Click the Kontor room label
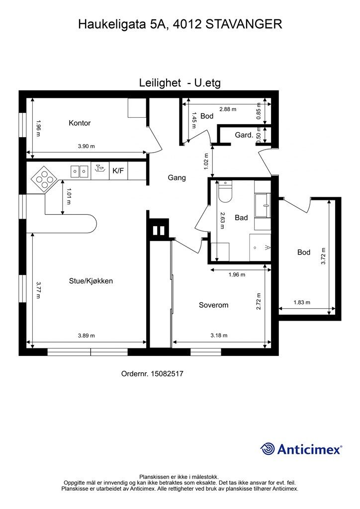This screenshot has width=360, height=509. pyautogui.click(x=80, y=123)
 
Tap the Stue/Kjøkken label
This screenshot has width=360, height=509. pyautogui.click(x=91, y=281)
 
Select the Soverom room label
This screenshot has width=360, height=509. pyautogui.click(x=214, y=305)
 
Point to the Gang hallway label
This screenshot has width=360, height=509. pyautogui.click(x=177, y=177)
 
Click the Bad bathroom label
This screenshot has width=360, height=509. pyautogui.click(x=241, y=218)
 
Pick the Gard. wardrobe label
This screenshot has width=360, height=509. pyautogui.click(x=244, y=135)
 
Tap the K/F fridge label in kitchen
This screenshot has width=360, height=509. pyautogui.click(x=118, y=170)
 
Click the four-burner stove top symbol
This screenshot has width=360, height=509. pyautogui.click(x=45, y=180)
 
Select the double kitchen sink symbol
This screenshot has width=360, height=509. pyautogui.click(x=80, y=171)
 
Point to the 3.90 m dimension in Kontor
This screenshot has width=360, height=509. pyautogui.click(x=87, y=147)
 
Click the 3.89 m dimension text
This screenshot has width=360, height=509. pyautogui.click(x=87, y=336)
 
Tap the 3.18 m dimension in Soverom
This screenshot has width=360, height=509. pyautogui.click(x=219, y=336)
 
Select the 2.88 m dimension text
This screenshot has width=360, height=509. pyautogui.click(x=228, y=109)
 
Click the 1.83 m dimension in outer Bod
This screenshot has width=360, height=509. pyautogui.click(x=302, y=303)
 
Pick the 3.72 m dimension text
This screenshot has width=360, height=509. pyautogui.click(x=323, y=256)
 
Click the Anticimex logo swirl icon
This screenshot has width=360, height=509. pyautogui.click(x=268, y=449)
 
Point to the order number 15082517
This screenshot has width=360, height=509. pyautogui.click(x=167, y=374)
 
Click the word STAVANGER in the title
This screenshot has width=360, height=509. pyautogui.click(x=244, y=24)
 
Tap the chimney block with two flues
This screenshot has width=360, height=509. pyautogui.click(x=159, y=230)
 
